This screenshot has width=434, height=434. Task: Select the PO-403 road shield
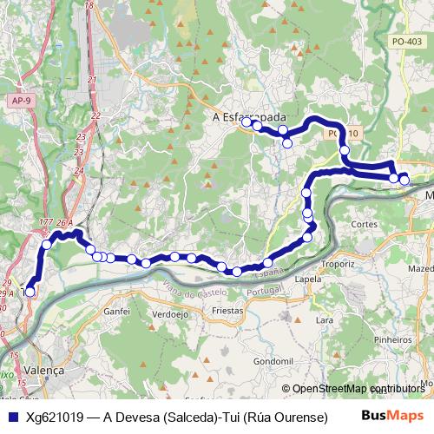pyautogui.click(x=407, y=41)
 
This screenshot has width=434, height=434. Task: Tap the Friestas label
pyautogui.click(x=227, y=310)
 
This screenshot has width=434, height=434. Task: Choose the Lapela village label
pyautogui.click(x=308, y=279)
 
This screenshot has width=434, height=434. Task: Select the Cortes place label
pyautogui.click(x=363, y=223)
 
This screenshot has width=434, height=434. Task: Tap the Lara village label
pyautogui.click(x=325, y=319)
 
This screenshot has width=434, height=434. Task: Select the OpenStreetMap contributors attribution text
pyautogui.click(x=353, y=389)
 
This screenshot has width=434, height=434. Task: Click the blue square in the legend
pyautogui.click(x=12, y=418)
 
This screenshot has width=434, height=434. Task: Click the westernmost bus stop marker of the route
pyautogui.click(x=30, y=293)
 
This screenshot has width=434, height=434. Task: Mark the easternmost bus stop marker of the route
pyautogui.click(x=404, y=181)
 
